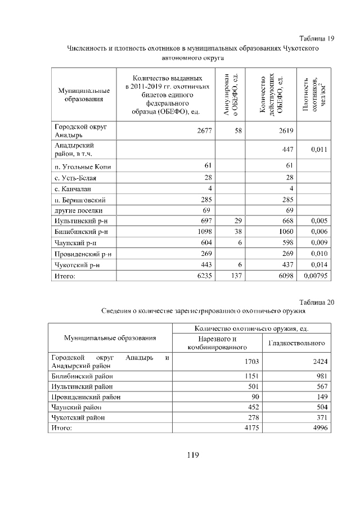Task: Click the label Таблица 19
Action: [317, 38]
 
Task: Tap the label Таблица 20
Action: [317, 301]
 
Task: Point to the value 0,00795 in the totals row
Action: [315, 276]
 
